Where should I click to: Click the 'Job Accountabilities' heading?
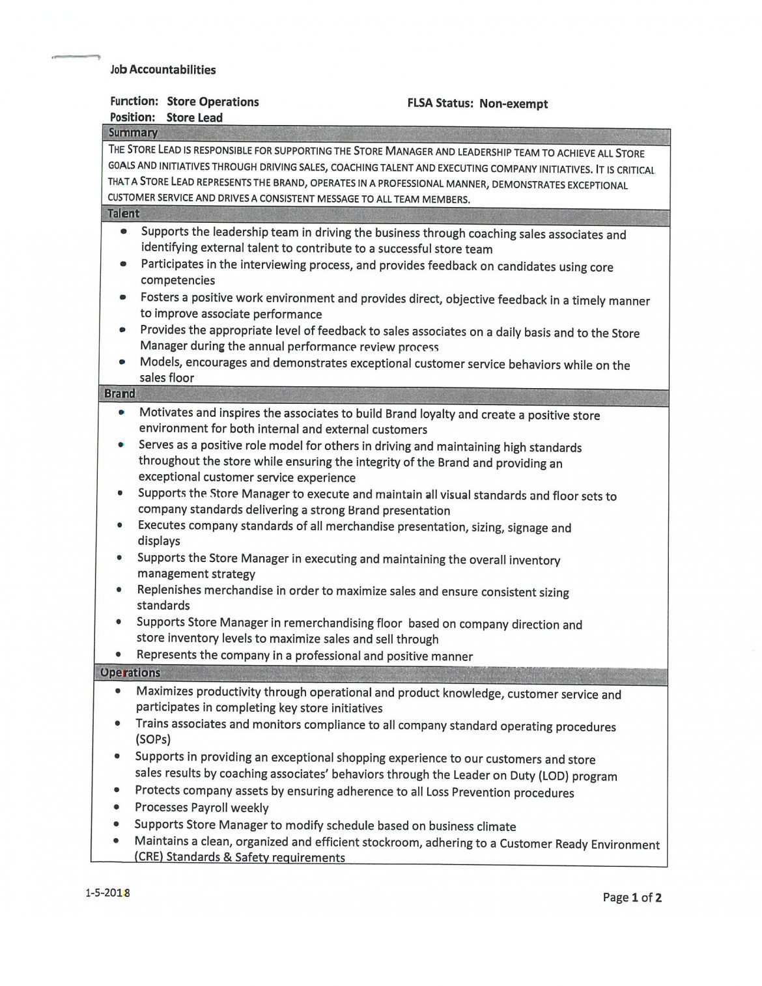pos(163,70)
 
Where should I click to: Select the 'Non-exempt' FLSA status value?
pos(513,104)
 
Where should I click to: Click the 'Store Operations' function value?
pos(212,102)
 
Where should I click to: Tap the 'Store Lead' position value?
pos(194,118)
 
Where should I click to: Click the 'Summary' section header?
pos(134,133)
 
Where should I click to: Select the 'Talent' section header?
pos(123,214)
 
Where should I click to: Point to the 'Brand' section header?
pos(120,394)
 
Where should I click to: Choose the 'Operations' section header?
pos(130,673)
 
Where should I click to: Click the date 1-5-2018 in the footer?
pos(107,893)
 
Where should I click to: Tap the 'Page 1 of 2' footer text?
pos(632,898)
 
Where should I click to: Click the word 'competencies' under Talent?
pos(178,281)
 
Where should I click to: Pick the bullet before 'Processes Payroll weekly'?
pos(117,807)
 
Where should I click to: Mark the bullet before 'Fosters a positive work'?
pos(122,298)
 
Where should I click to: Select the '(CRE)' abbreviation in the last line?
pos(148,858)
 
